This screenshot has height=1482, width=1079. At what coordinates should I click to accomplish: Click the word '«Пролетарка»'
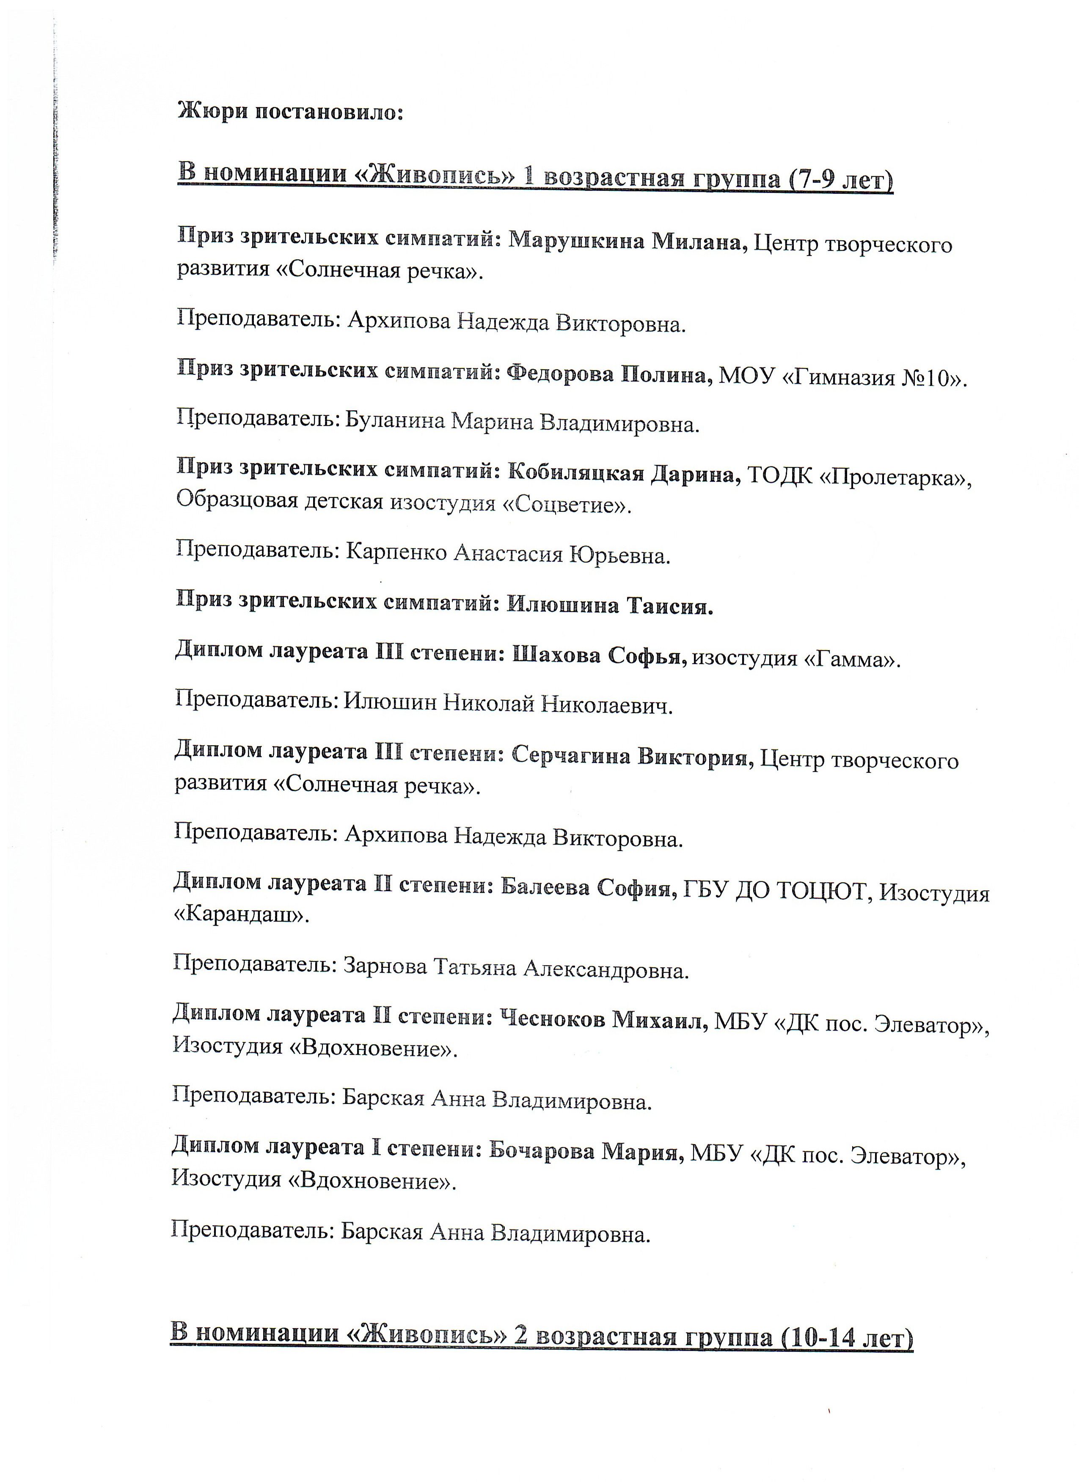coord(893,478)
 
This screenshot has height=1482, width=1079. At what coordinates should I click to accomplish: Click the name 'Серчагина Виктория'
coord(629,757)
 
